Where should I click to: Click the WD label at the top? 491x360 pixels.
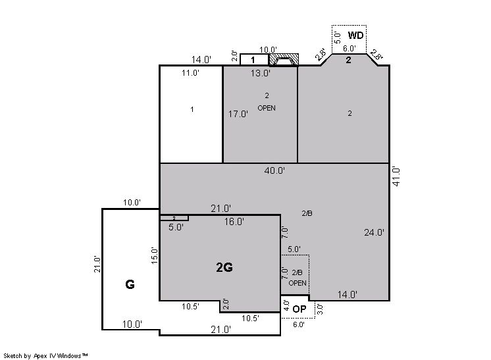[x=355, y=36]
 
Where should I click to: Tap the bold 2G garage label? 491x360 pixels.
[x=224, y=267]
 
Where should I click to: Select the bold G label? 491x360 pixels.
[x=130, y=284]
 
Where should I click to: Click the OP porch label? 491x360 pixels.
[x=299, y=309]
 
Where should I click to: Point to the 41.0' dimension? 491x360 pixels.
[x=396, y=177]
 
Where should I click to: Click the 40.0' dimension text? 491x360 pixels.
[x=274, y=170]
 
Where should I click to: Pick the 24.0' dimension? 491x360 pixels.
[x=375, y=232]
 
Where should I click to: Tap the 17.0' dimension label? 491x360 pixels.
[x=238, y=114]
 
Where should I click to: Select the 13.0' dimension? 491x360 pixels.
[x=261, y=73]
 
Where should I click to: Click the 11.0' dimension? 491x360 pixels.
[x=190, y=73]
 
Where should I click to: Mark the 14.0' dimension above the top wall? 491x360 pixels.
[x=201, y=59]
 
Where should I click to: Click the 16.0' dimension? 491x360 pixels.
[x=234, y=222]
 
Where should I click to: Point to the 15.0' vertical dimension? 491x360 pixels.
[x=155, y=255]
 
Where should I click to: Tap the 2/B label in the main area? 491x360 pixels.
[x=307, y=213]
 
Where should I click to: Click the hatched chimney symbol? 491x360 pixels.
[x=284, y=60]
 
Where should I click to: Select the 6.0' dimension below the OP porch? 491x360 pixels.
[x=298, y=324]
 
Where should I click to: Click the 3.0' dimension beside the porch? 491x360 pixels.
[x=320, y=309]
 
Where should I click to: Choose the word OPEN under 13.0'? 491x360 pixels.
[x=267, y=108]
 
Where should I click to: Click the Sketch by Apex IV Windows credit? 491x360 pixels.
[x=45, y=355]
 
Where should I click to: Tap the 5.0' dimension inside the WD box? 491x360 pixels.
[x=337, y=38]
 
